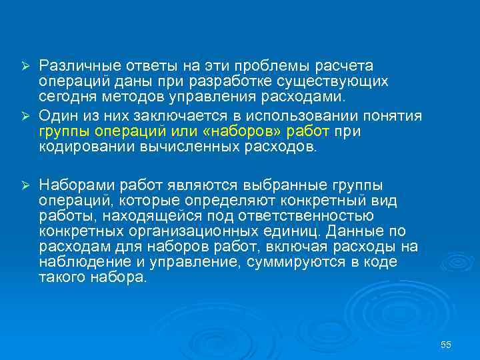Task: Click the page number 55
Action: pos(446,344)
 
